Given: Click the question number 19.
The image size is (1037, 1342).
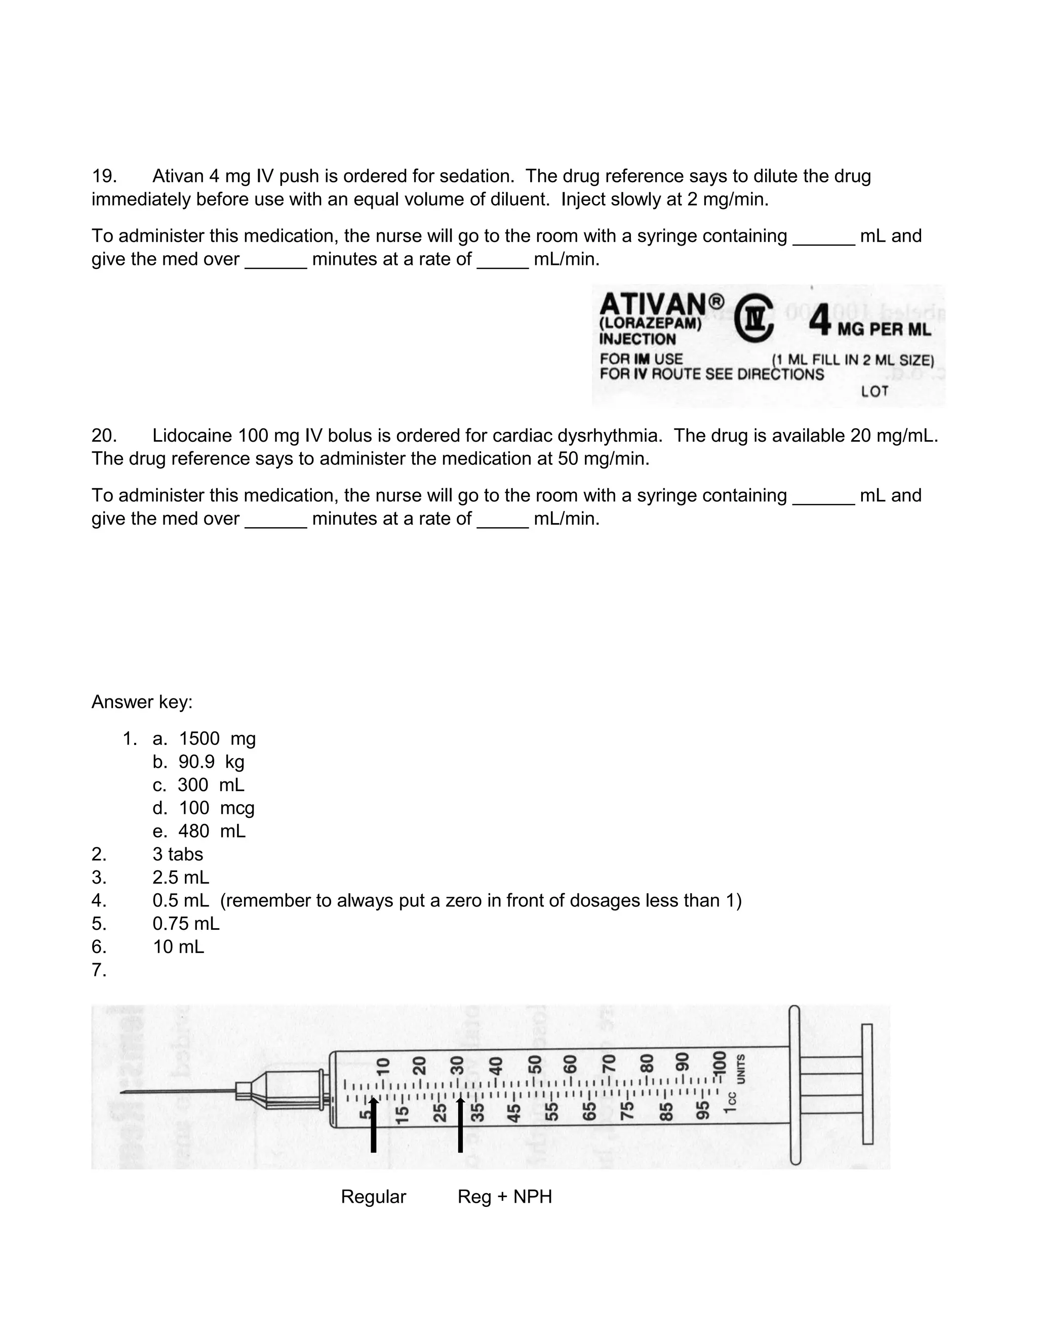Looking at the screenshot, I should click(104, 176).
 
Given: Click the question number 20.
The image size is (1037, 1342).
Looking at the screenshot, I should click(104, 436).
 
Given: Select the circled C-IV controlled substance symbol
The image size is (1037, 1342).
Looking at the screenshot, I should click(754, 319).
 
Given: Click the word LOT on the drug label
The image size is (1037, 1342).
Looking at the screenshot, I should click(875, 391).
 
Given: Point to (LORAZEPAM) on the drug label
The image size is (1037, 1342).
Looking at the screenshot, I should click(650, 324).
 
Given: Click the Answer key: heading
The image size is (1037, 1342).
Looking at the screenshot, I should click(142, 702).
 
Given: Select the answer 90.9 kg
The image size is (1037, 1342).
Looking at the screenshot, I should click(211, 762).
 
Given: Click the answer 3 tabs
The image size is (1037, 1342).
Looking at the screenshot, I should click(178, 854).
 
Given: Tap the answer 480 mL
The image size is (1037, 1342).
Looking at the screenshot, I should click(211, 832).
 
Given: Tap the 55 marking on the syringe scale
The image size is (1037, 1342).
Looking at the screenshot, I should click(552, 1112).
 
